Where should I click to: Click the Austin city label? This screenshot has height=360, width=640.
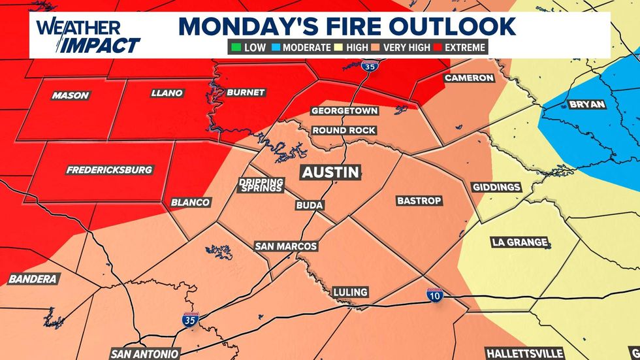330,172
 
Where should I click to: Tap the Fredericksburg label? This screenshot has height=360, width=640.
109,170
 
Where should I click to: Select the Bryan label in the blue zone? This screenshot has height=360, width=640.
587,105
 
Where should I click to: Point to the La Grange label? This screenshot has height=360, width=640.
519,242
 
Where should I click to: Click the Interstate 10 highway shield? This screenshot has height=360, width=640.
434,295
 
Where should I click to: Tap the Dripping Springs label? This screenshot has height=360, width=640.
261,185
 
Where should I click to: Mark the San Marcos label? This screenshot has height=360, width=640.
286,246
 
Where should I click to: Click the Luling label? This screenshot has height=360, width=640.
350,291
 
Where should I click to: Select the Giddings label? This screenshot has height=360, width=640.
496,187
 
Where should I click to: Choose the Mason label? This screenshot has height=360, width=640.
70,95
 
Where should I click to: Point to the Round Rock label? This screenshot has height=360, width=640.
344,130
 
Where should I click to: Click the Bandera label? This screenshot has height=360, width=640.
33,279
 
